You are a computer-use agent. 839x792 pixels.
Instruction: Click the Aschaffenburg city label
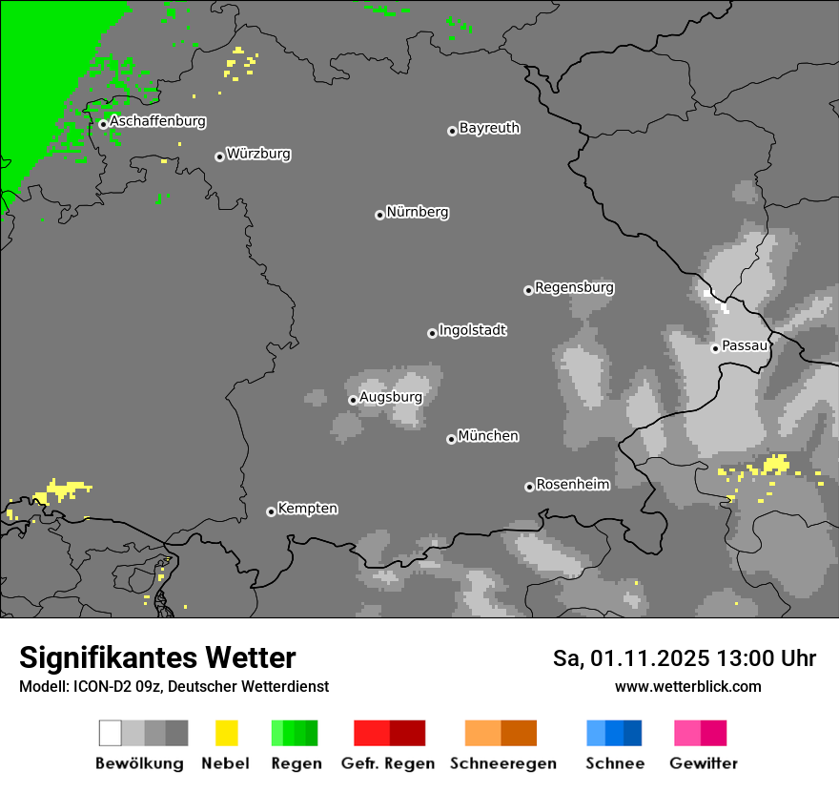point(157,121)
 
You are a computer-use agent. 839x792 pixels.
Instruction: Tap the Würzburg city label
point(258,154)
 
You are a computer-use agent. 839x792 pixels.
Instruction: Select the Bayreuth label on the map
point(489,128)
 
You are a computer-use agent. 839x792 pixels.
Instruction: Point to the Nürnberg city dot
point(379,215)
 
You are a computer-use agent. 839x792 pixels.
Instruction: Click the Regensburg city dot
point(528,290)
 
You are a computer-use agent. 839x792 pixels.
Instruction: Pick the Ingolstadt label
point(472,330)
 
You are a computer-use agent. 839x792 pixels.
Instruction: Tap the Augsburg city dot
point(353,400)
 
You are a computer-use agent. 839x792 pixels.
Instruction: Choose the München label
point(488,436)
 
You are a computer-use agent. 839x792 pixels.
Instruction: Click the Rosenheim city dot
point(529,487)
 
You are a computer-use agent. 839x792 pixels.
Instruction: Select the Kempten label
point(307,509)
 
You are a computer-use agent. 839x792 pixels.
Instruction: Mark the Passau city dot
point(715,348)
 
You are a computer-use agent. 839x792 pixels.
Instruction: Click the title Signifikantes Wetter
point(157,658)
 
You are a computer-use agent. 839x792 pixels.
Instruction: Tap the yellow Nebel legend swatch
point(227,733)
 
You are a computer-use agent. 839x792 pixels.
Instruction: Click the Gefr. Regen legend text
point(389,763)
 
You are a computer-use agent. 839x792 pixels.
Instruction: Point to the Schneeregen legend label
point(503,763)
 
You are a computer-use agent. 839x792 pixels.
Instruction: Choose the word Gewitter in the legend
point(704,763)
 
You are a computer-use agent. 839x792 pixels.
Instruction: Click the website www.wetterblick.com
point(688,686)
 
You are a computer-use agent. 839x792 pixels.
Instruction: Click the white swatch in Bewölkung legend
point(111,733)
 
